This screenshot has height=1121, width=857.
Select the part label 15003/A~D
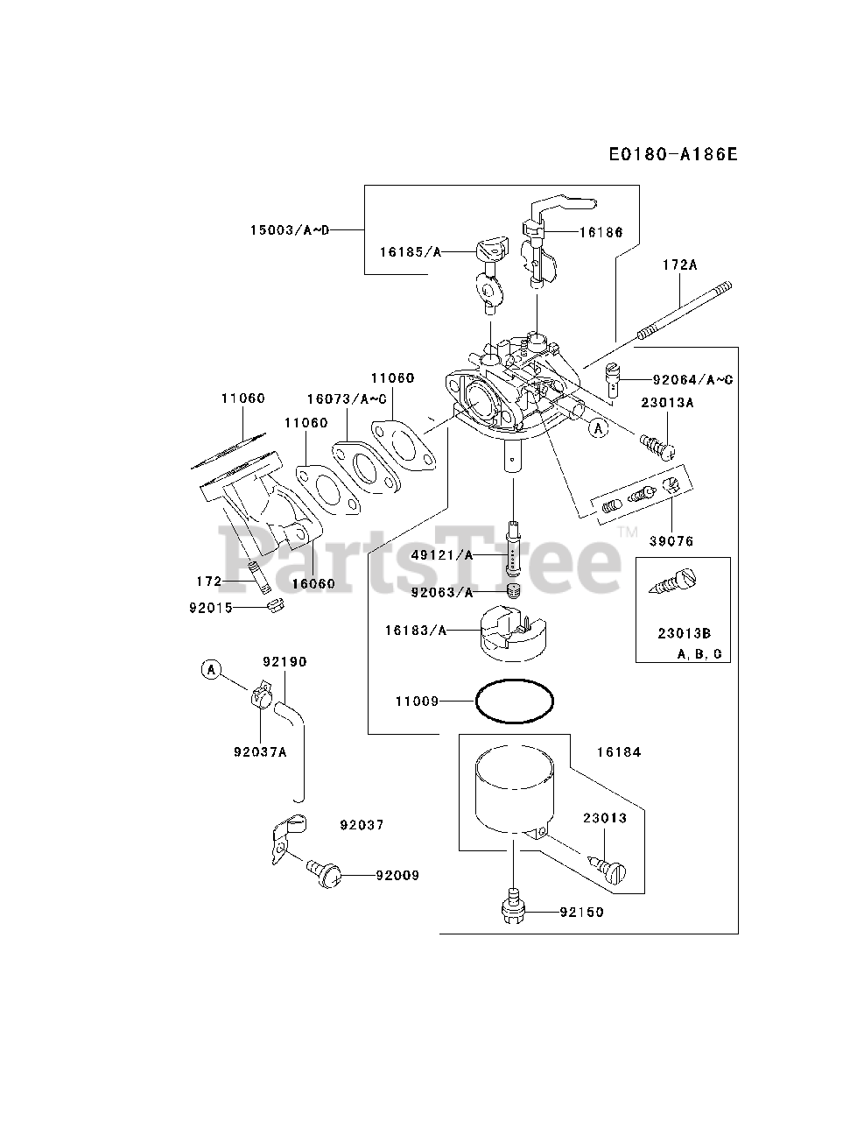[289, 230]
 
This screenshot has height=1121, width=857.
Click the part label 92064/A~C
[692, 380]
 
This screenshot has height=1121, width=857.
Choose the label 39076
[671, 541]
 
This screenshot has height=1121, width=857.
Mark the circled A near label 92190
[210, 670]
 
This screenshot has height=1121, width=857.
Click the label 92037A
[260, 749]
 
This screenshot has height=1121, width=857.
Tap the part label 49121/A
[441, 555]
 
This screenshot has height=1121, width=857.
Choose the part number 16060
[309, 582]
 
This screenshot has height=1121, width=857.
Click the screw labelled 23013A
[657, 444]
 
